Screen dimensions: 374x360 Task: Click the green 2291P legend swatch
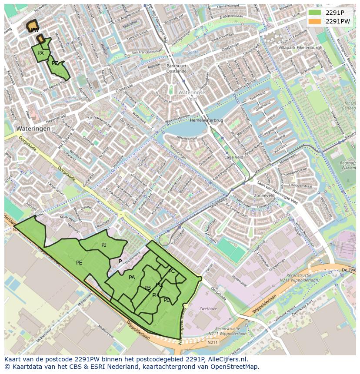315,13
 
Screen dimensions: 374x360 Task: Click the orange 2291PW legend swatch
315,21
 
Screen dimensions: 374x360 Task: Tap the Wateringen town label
33,129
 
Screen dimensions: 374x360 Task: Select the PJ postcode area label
104,245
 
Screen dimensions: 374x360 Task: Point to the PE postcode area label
79,263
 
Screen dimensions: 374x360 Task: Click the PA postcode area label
132,278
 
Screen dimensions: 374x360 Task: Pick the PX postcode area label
40,53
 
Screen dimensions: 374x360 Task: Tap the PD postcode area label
167,300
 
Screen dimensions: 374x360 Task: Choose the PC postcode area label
171,271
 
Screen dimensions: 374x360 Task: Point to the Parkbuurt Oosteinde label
177,68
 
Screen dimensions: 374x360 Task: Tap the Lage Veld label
234,157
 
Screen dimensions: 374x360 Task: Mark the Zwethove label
208,309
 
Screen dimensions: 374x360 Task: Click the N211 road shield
213,343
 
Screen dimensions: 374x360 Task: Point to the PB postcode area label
147,288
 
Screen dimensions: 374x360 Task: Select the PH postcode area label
155,295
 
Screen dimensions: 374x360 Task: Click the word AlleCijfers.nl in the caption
227,360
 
